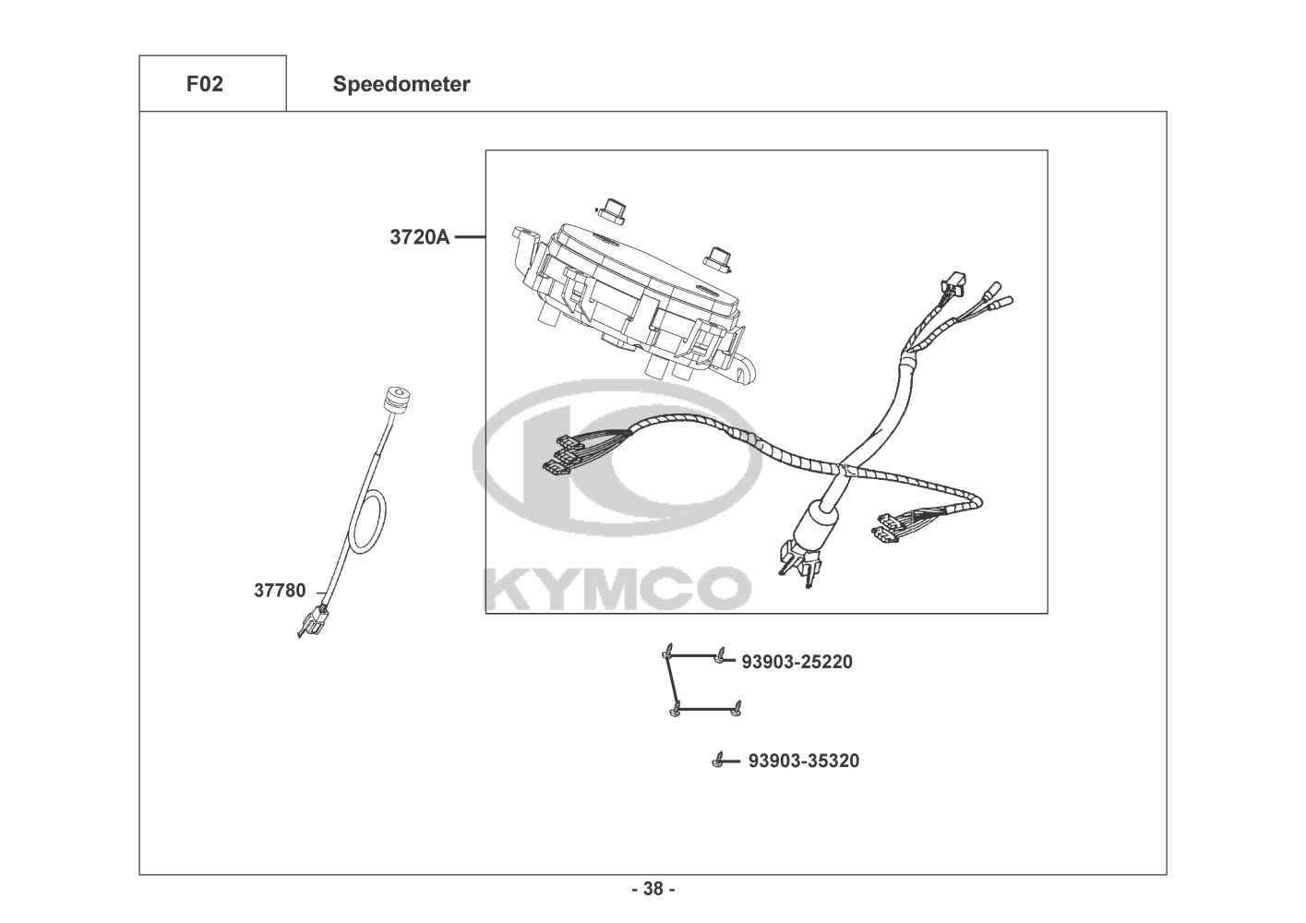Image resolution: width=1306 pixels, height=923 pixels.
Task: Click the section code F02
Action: click(x=204, y=84)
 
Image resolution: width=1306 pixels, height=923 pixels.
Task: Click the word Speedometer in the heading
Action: click(x=401, y=84)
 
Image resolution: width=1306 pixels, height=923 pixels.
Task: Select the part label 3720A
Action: click(x=419, y=237)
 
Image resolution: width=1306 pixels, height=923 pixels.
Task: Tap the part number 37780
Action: click(x=280, y=591)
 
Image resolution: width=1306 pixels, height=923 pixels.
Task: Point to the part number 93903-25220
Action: click(x=797, y=662)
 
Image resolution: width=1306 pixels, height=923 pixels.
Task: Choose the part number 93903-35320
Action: click(x=803, y=761)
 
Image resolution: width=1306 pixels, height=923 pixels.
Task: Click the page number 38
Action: click(x=653, y=889)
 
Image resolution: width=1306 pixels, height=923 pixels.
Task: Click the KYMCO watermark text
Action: click(x=617, y=588)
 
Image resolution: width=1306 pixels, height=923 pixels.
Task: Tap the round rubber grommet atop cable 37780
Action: click(x=391, y=403)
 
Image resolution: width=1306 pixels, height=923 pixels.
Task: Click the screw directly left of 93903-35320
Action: click(x=717, y=761)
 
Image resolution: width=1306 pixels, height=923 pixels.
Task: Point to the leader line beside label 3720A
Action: click(x=470, y=237)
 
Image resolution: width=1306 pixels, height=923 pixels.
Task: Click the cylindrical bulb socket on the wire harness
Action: click(x=821, y=521)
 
